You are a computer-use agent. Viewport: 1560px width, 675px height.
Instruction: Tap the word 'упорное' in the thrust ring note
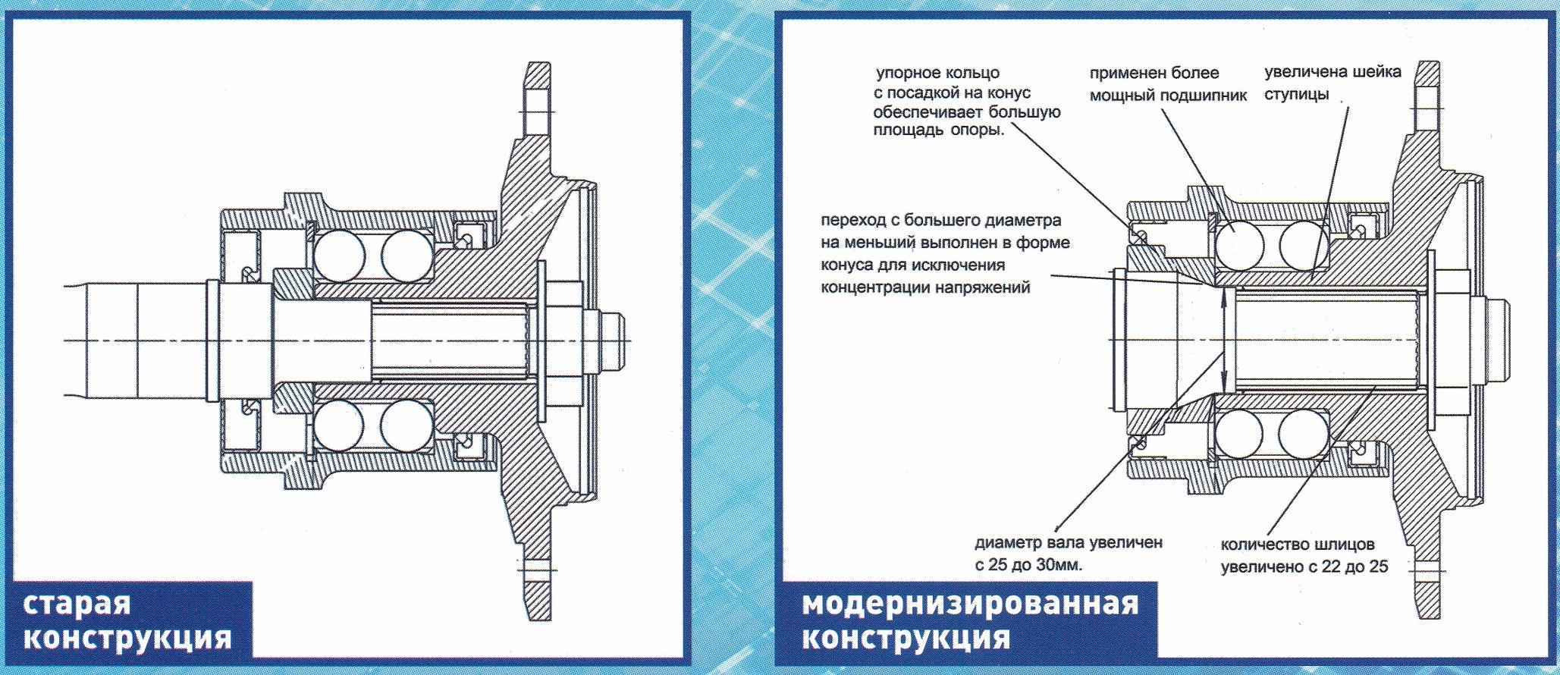point(907,74)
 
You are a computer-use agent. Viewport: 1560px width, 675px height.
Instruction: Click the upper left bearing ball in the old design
point(338,253)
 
